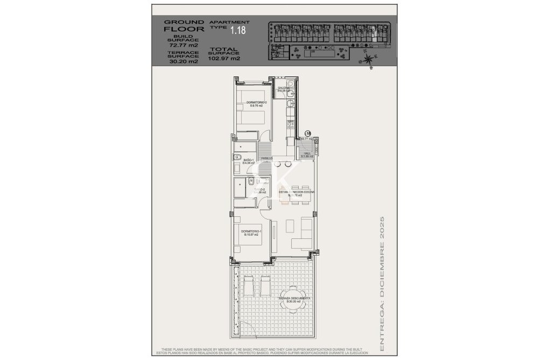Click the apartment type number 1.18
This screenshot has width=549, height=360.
(x=237, y=31)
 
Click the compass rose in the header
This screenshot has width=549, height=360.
(x=368, y=60)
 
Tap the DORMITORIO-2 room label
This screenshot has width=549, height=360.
(x=256, y=102)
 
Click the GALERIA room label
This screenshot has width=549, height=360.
(x=284, y=88)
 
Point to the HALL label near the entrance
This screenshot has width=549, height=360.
(x=307, y=153)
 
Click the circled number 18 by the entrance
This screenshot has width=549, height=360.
(x=308, y=133)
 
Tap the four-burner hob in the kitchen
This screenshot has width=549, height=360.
(x=291, y=125)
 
